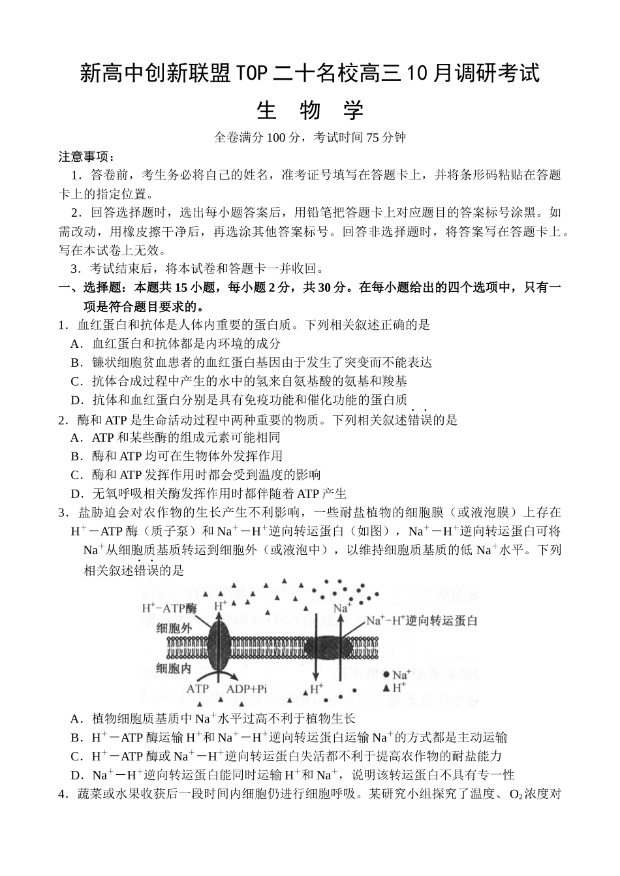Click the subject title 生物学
tap(310, 110)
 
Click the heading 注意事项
tap(86, 157)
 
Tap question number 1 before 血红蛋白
tap(63, 324)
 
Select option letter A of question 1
tap(76, 343)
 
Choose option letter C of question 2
tap(76, 475)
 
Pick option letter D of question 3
tap(76, 775)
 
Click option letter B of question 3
tap(76, 738)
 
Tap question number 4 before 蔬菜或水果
tap(63, 794)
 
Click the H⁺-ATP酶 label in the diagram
tap(169, 608)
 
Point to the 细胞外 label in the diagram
tap(174, 627)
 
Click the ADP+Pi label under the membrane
tap(247, 689)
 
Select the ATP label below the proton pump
tap(198, 689)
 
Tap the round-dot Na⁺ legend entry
tap(397, 674)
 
